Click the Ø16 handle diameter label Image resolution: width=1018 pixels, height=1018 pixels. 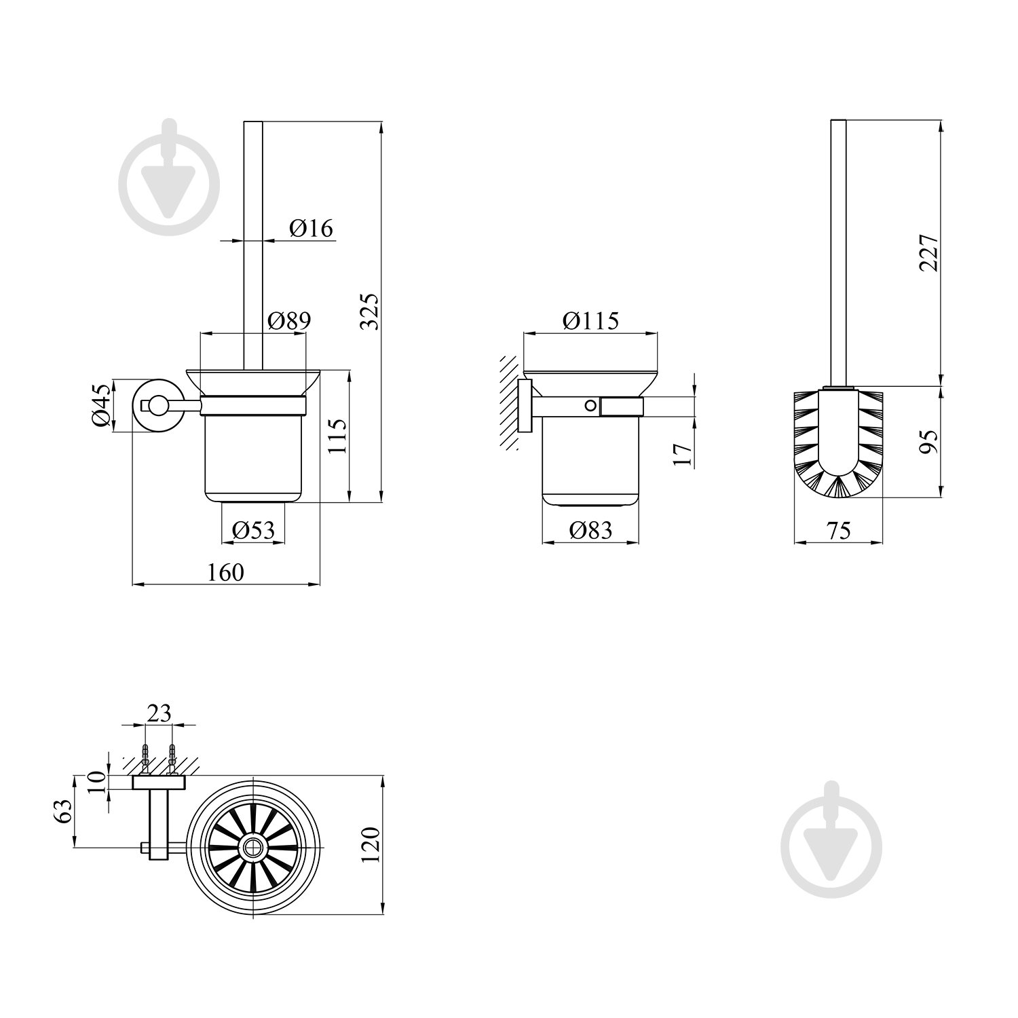coord(312,228)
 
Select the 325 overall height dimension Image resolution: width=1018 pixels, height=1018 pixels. coord(370,312)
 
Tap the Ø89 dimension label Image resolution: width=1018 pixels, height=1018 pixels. coord(289,320)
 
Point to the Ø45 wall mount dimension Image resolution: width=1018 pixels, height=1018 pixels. coord(102,405)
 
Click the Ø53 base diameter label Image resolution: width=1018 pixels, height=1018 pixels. coord(253,529)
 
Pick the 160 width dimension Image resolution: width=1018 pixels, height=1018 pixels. coord(225,572)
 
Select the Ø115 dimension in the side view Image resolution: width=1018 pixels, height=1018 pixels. coord(590,320)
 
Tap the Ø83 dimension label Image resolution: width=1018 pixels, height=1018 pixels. coord(590,529)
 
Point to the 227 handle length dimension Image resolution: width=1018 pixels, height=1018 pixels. coord(929,252)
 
